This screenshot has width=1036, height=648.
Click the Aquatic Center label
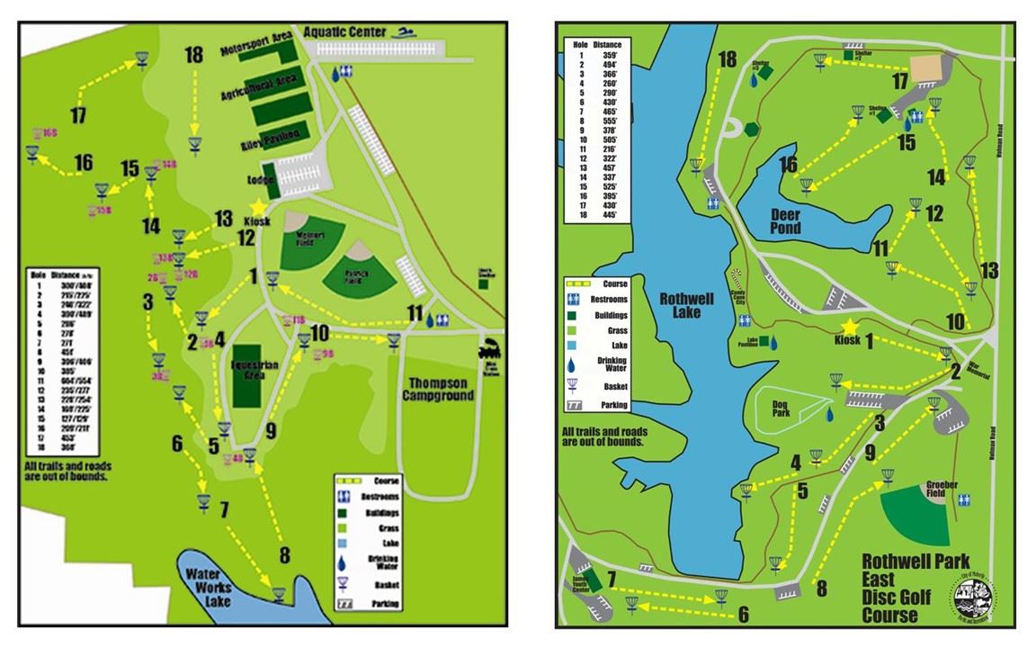(344, 31)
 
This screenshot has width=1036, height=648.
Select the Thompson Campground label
(438, 388)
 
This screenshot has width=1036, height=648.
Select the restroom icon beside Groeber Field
(964, 499)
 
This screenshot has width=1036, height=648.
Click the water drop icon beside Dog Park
(829, 414)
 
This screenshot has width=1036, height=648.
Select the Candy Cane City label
(743, 297)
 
